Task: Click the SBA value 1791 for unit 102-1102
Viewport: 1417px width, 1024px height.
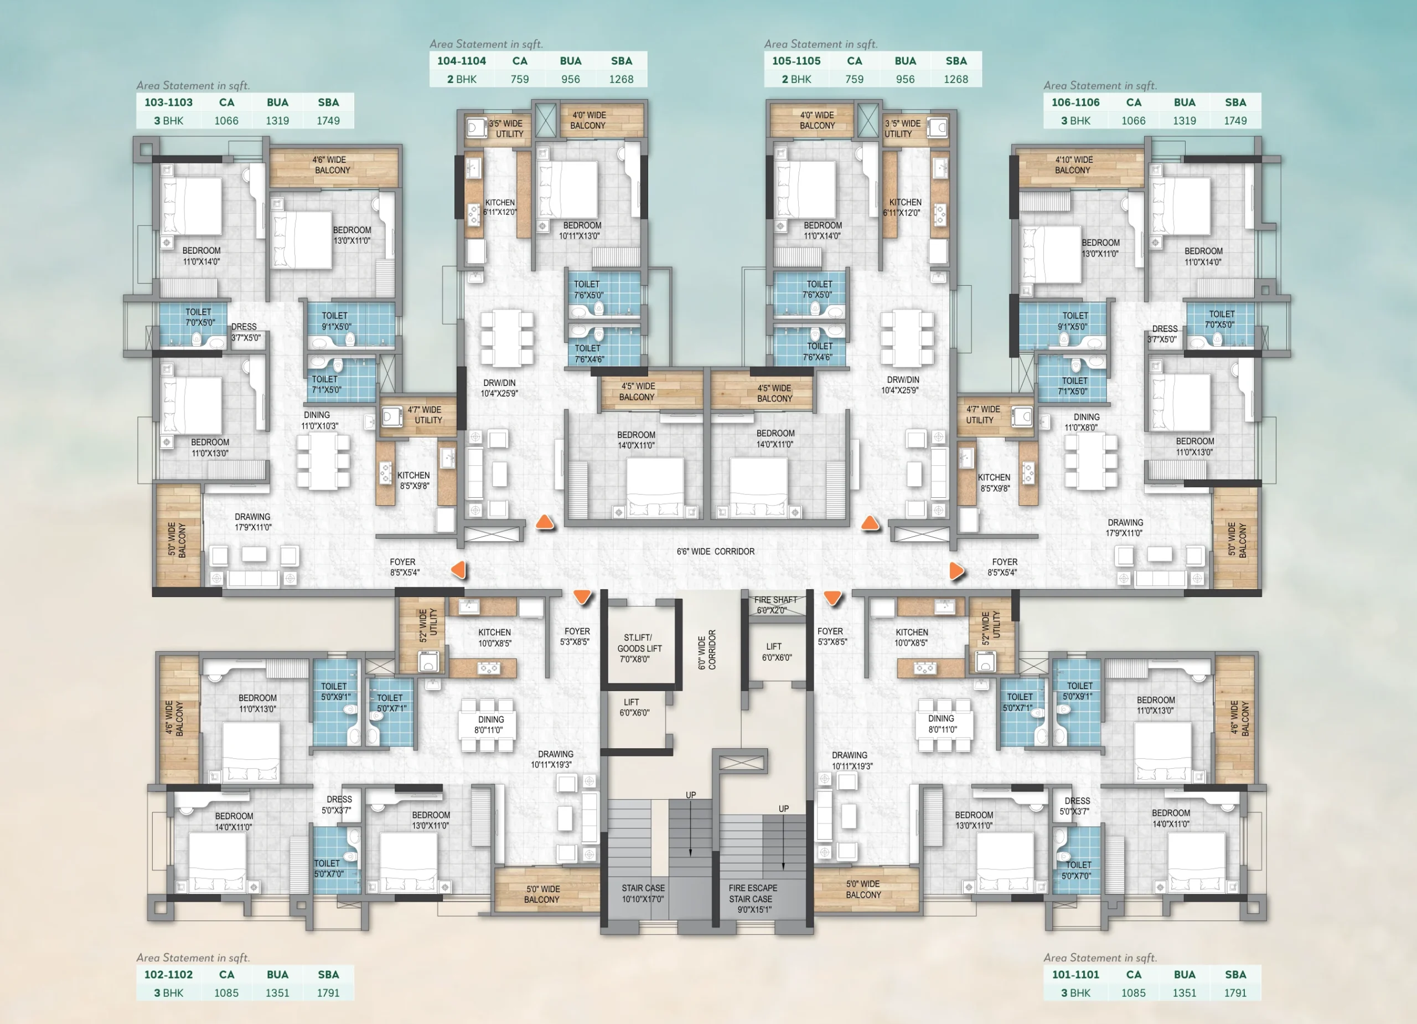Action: [x=328, y=993]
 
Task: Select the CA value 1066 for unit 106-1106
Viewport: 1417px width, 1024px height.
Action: [x=1134, y=121]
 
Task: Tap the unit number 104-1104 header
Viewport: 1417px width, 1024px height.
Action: [x=461, y=60]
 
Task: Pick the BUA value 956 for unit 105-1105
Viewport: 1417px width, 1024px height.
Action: [x=904, y=79]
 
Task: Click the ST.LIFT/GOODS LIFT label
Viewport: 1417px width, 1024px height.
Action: [x=639, y=649]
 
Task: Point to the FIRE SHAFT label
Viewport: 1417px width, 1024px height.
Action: [x=775, y=605]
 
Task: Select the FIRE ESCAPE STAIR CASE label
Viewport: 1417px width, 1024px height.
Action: [x=753, y=898]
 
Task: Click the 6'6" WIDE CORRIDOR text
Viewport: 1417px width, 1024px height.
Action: [x=715, y=552]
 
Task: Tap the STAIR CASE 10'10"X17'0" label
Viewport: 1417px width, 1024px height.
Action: [x=643, y=893]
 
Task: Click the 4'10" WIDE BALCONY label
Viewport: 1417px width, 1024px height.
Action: [x=1073, y=165]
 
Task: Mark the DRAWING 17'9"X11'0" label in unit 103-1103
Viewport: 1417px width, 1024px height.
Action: [x=253, y=522]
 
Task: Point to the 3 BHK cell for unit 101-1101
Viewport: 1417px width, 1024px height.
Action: [x=1075, y=993]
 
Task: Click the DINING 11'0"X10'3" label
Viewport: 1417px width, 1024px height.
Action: [x=319, y=420]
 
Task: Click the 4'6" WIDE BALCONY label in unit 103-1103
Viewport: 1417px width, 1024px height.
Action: [x=332, y=165]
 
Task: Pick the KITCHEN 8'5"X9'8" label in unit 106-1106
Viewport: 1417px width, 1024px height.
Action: [x=994, y=482]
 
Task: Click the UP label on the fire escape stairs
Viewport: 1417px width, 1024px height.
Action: [x=783, y=809]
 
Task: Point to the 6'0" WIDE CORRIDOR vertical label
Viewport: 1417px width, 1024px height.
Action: [x=707, y=650]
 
